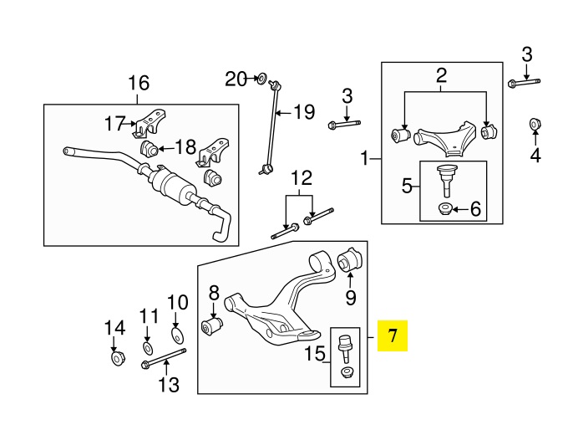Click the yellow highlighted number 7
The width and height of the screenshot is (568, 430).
393,338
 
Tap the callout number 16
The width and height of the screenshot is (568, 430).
139,83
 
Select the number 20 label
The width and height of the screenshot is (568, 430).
236,79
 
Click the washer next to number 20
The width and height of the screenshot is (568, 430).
261,79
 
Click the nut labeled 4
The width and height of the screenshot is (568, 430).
535,126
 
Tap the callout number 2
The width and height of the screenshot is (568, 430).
442,77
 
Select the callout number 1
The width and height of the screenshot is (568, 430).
364,157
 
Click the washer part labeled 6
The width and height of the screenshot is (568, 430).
445,207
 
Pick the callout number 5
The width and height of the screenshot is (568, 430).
407,186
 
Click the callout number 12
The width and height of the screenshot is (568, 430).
301,177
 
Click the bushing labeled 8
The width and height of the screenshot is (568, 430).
212,324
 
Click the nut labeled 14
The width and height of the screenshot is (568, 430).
116,359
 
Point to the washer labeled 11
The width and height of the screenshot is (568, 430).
147,347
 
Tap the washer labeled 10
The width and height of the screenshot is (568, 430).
177,335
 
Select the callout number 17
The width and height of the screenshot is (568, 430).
114,125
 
